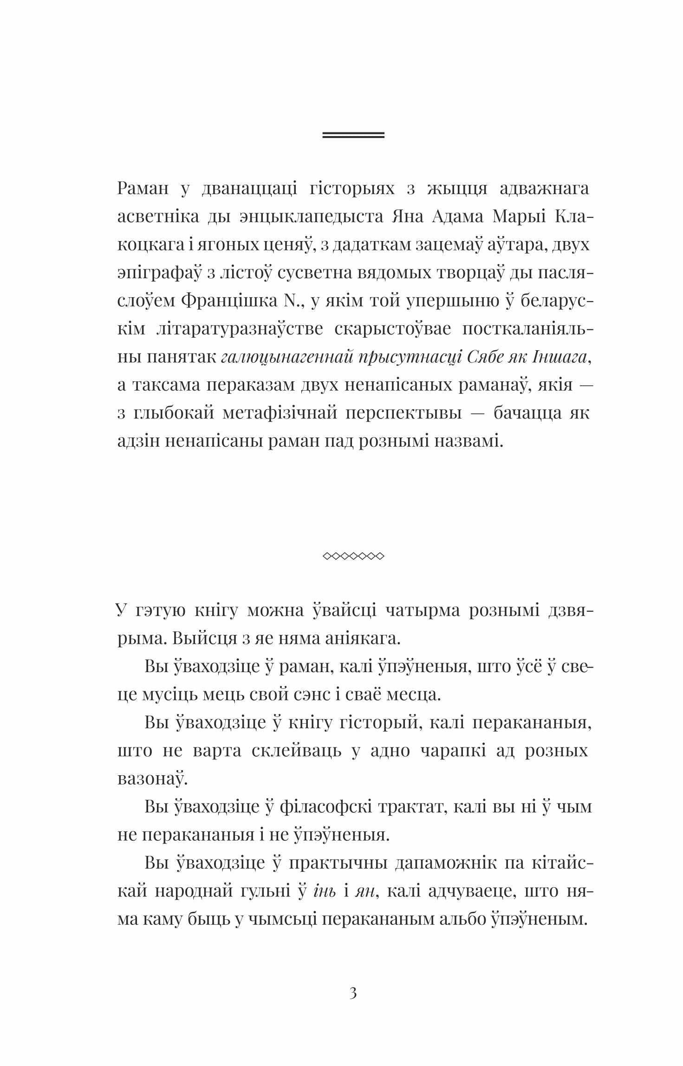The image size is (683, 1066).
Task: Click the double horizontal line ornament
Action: coord(353,135)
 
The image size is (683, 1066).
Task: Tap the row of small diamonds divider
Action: coord(353,556)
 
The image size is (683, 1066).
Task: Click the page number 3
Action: coord(353,994)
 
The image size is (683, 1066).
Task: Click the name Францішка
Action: coord(228,301)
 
